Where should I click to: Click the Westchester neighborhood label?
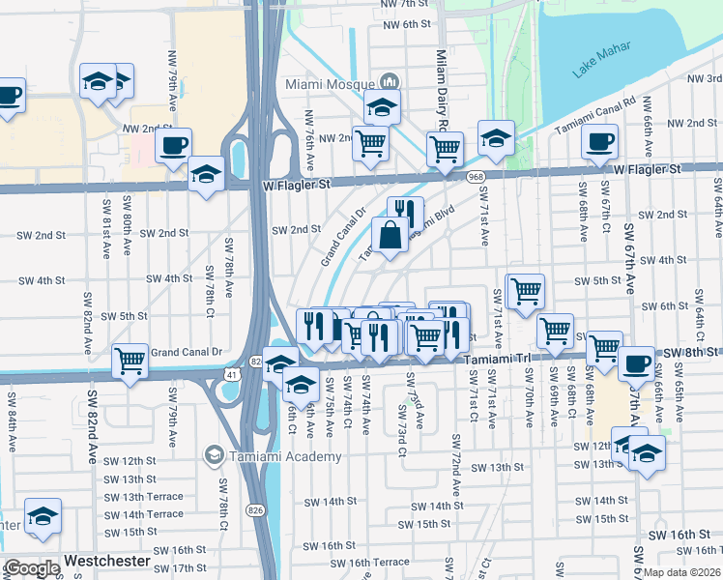[106, 561]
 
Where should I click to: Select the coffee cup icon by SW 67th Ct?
[598, 141]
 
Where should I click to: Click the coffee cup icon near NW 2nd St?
[173, 145]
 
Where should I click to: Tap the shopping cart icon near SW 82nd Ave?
[130, 360]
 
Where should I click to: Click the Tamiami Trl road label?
[498, 358]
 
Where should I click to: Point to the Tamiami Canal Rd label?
[594, 116]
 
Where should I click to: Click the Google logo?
[31, 568]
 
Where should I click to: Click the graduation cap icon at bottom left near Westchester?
[43, 516]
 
